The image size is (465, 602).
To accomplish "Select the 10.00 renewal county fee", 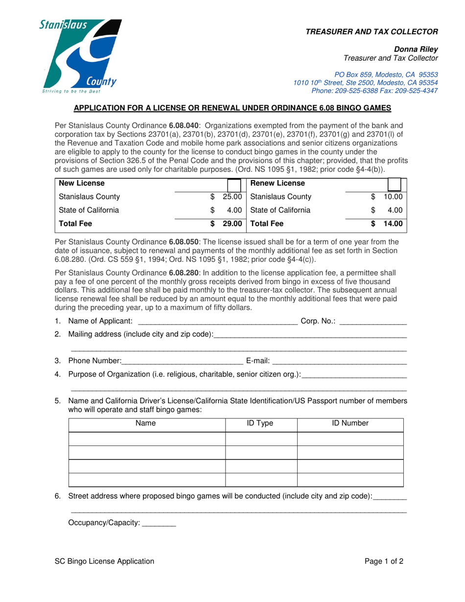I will [393, 197].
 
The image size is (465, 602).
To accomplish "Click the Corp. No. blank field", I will [373, 322].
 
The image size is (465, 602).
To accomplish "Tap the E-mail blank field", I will [339, 362].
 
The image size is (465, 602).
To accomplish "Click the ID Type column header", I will [261, 423].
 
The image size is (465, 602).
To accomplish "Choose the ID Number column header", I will [350, 423].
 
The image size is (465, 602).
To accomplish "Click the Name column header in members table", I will [146, 423].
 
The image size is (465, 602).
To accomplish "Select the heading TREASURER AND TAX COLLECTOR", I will [372, 32].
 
